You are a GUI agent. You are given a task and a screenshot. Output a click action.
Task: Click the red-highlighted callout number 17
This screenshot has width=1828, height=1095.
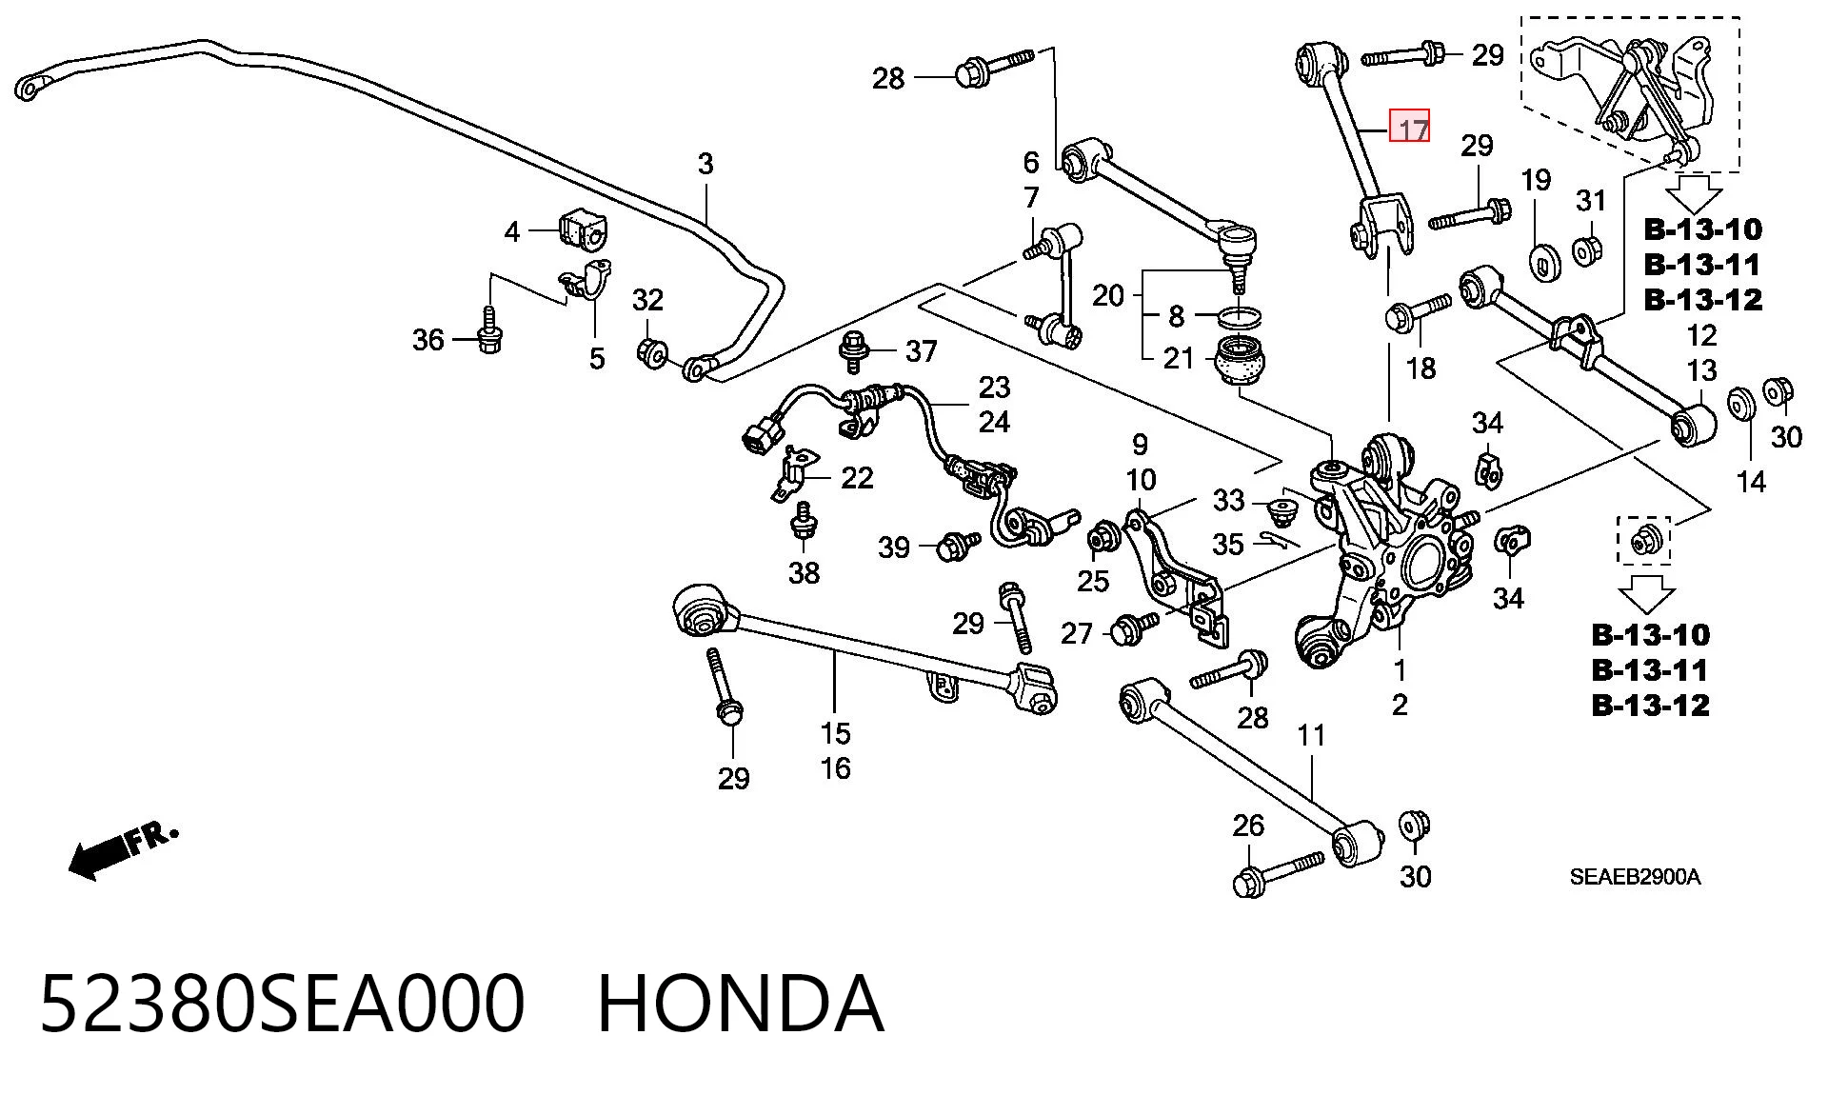tap(1410, 127)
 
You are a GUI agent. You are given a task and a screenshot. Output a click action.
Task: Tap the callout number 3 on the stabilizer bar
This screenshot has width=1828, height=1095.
tap(705, 164)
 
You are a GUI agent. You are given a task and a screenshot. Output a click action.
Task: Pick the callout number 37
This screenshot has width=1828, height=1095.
tap(922, 351)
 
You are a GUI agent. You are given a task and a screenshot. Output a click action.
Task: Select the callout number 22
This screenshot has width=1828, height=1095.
tap(857, 477)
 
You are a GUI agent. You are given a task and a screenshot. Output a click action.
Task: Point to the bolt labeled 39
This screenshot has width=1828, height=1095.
tap(958, 547)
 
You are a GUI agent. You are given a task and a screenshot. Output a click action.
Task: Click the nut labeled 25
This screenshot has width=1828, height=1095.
tap(1103, 538)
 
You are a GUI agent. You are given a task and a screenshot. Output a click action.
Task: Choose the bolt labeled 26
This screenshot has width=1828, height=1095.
tap(1278, 874)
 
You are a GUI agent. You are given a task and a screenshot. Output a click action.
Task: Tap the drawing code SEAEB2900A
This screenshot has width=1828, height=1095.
tap(1635, 877)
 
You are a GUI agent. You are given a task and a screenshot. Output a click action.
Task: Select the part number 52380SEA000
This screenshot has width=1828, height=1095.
tap(282, 1004)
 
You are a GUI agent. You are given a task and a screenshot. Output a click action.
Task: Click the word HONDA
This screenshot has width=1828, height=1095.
tap(740, 1004)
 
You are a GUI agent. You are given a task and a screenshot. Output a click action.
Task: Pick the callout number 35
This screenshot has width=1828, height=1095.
tap(1227, 544)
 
